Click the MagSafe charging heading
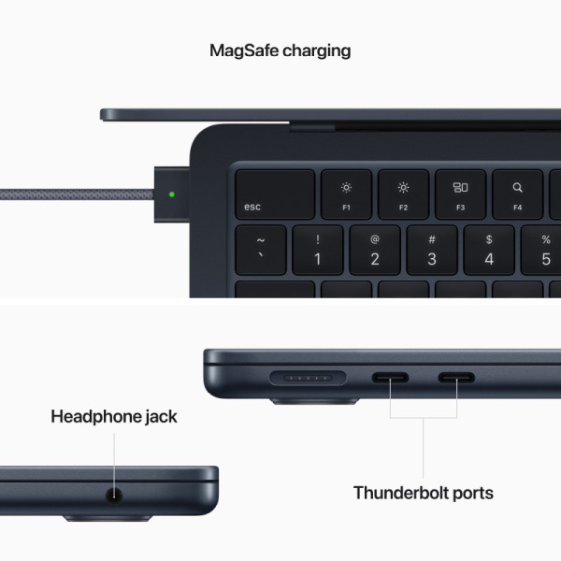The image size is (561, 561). [x=280, y=50]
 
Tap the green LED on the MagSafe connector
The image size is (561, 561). [x=171, y=195]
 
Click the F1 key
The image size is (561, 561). [x=346, y=194]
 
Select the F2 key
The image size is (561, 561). [x=403, y=194]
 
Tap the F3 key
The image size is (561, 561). [x=460, y=194]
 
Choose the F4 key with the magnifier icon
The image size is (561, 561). [x=517, y=194]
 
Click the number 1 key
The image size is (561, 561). [x=317, y=250]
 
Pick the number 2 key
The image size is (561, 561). [x=374, y=250]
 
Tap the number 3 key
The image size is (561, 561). [x=431, y=250]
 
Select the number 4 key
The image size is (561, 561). [x=488, y=250]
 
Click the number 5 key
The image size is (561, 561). [x=542, y=250]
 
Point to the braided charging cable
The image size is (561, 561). [x=75, y=195]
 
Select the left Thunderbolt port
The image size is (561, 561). [x=391, y=380]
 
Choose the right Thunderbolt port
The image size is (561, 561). [x=456, y=380]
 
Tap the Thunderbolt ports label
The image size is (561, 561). [x=423, y=493]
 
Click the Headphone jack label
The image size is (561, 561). [x=114, y=416]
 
